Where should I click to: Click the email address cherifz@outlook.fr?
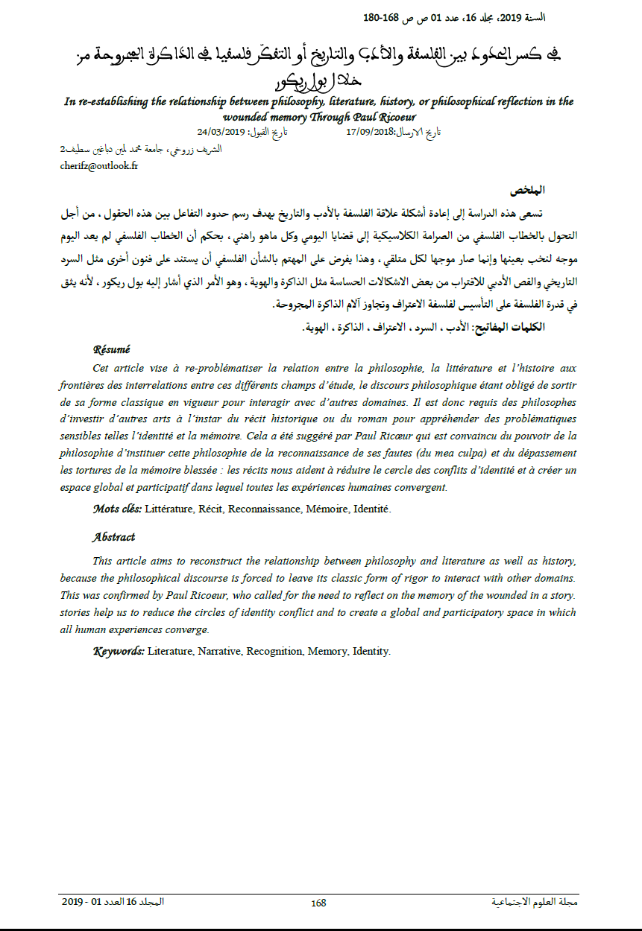(x=98, y=166)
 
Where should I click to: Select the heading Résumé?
(x=111, y=349)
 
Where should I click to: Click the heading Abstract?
(x=113, y=537)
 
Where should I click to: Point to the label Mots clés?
(x=117, y=509)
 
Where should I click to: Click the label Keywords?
(x=119, y=651)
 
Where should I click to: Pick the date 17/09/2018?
(x=371, y=131)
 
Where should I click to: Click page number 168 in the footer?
(x=318, y=903)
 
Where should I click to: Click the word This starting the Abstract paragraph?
(x=104, y=560)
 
